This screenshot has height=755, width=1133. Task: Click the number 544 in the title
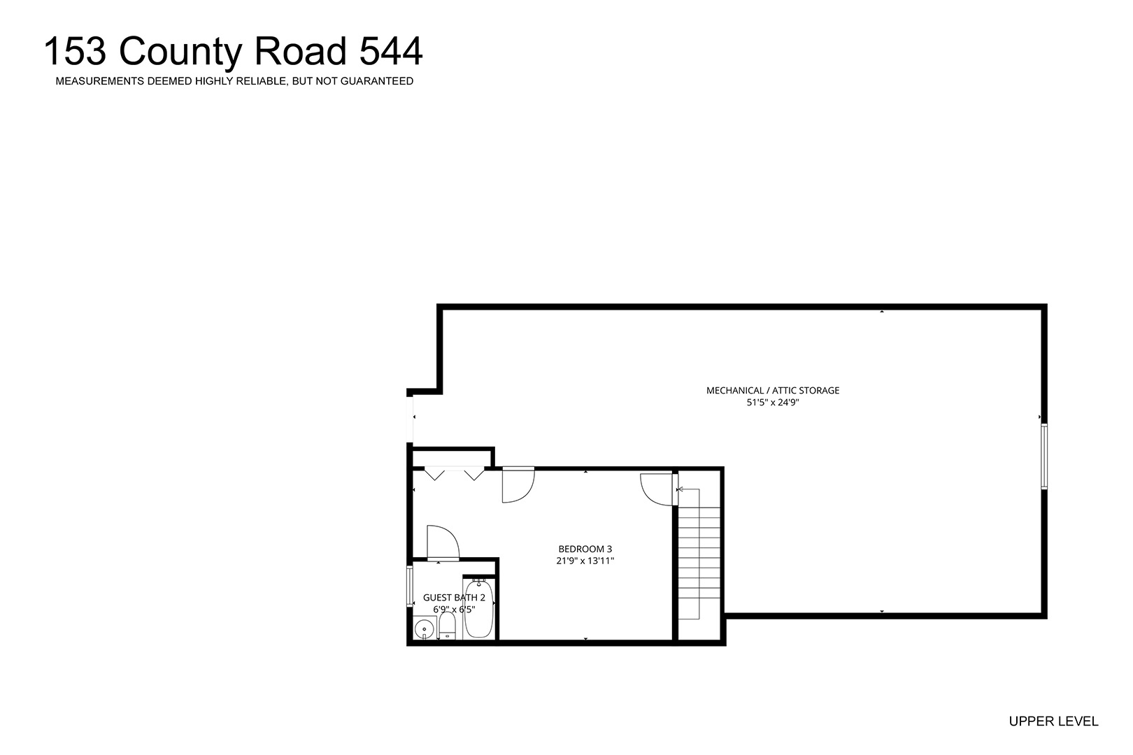coord(391,51)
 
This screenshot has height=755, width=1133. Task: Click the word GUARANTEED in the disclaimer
coord(377,81)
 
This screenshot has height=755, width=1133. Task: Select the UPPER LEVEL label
coord(1053,721)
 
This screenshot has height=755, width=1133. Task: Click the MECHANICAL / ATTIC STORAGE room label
coord(773,390)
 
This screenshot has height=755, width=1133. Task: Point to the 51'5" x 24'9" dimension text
coord(773,403)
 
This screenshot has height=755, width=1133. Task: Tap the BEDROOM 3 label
coord(585,549)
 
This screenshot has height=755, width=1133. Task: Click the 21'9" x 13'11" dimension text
coord(585,561)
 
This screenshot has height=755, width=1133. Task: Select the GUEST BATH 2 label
coord(454,598)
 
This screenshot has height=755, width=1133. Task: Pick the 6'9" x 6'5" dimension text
coord(454,610)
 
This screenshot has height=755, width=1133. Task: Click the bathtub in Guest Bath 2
coord(478,609)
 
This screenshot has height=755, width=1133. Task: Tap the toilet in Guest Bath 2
coord(447,627)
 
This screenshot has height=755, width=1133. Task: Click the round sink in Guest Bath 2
coord(424,630)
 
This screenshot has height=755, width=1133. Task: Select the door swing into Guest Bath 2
coord(443,543)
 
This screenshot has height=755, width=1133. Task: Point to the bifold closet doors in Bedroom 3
coord(454,474)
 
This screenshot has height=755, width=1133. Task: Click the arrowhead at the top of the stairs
coord(680,489)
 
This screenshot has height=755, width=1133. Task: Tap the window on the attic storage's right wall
coord(1044,456)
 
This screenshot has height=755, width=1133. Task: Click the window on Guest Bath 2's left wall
coord(410,587)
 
